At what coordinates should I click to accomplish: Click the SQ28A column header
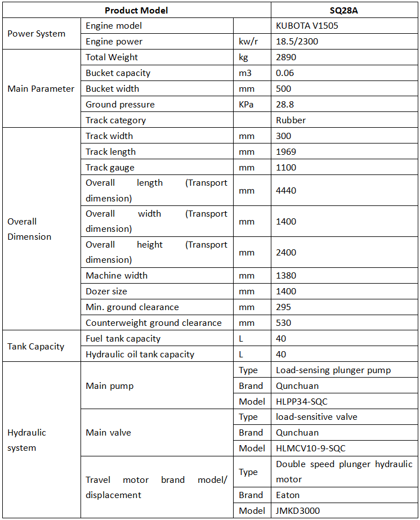pyautogui.click(x=344, y=10)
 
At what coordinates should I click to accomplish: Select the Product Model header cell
pyautogui.click(x=136, y=10)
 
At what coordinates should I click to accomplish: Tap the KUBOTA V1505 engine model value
pyautogui.click(x=307, y=26)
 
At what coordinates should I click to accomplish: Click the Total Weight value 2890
pyautogui.click(x=286, y=57)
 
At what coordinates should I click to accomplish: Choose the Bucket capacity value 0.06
pyautogui.click(x=285, y=73)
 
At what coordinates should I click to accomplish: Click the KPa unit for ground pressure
pyautogui.click(x=245, y=105)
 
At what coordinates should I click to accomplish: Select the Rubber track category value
pyautogui.click(x=291, y=120)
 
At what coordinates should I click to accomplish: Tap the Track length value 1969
pyautogui.click(x=286, y=152)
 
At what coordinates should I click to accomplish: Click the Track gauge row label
pyautogui.click(x=110, y=168)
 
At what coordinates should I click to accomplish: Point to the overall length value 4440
pyautogui.click(x=286, y=191)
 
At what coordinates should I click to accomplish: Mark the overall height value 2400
pyautogui.click(x=286, y=253)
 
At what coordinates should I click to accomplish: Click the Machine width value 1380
pyautogui.click(x=286, y=276)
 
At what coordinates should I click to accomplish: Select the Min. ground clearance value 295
pyautogui.click(x=283, y=307)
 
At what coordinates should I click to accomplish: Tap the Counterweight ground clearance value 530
pyautogui.click(x=283, y=323)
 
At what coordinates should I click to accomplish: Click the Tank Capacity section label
pyautogui.click(x=35, y=347)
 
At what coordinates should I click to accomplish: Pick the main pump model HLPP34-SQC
pyautogui.click(x=302, y=402)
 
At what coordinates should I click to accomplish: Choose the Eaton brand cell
pyautogui.click(x=288, y=495)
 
